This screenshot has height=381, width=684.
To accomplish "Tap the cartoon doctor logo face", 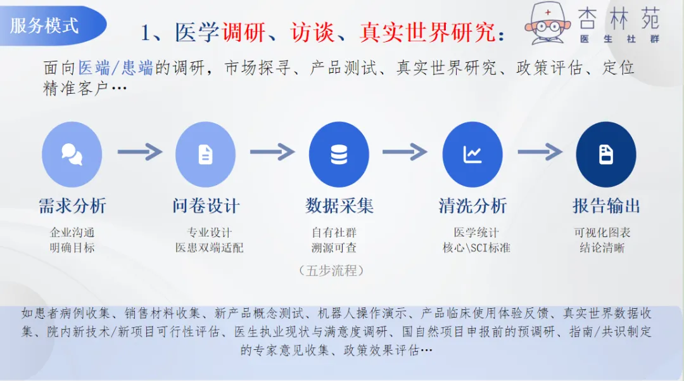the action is pos(548,25).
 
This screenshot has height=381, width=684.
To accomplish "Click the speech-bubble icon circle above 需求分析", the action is pos(72,154).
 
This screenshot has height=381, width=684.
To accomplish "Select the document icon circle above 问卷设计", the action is pos(205,154).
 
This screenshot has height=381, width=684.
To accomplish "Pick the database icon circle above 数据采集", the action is pos(339,154).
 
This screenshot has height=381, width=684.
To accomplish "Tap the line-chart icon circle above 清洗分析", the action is pos(472,154).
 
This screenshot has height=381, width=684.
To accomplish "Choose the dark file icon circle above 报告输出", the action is pos(606,154).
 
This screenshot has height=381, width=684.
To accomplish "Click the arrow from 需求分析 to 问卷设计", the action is pos(139,152).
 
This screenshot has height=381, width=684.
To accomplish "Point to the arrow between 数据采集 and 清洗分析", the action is pos(405,152).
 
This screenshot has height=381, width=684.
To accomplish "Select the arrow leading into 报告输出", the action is pos(540,152).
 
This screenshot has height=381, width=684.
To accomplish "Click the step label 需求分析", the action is pos(72,206).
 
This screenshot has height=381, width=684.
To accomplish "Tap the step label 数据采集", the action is pos(339,206).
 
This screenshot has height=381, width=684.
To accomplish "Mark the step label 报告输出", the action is pos(606,206).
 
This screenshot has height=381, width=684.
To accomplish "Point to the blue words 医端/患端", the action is pos(116,67).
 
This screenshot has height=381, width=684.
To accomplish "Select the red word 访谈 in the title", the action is pos(313,32).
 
